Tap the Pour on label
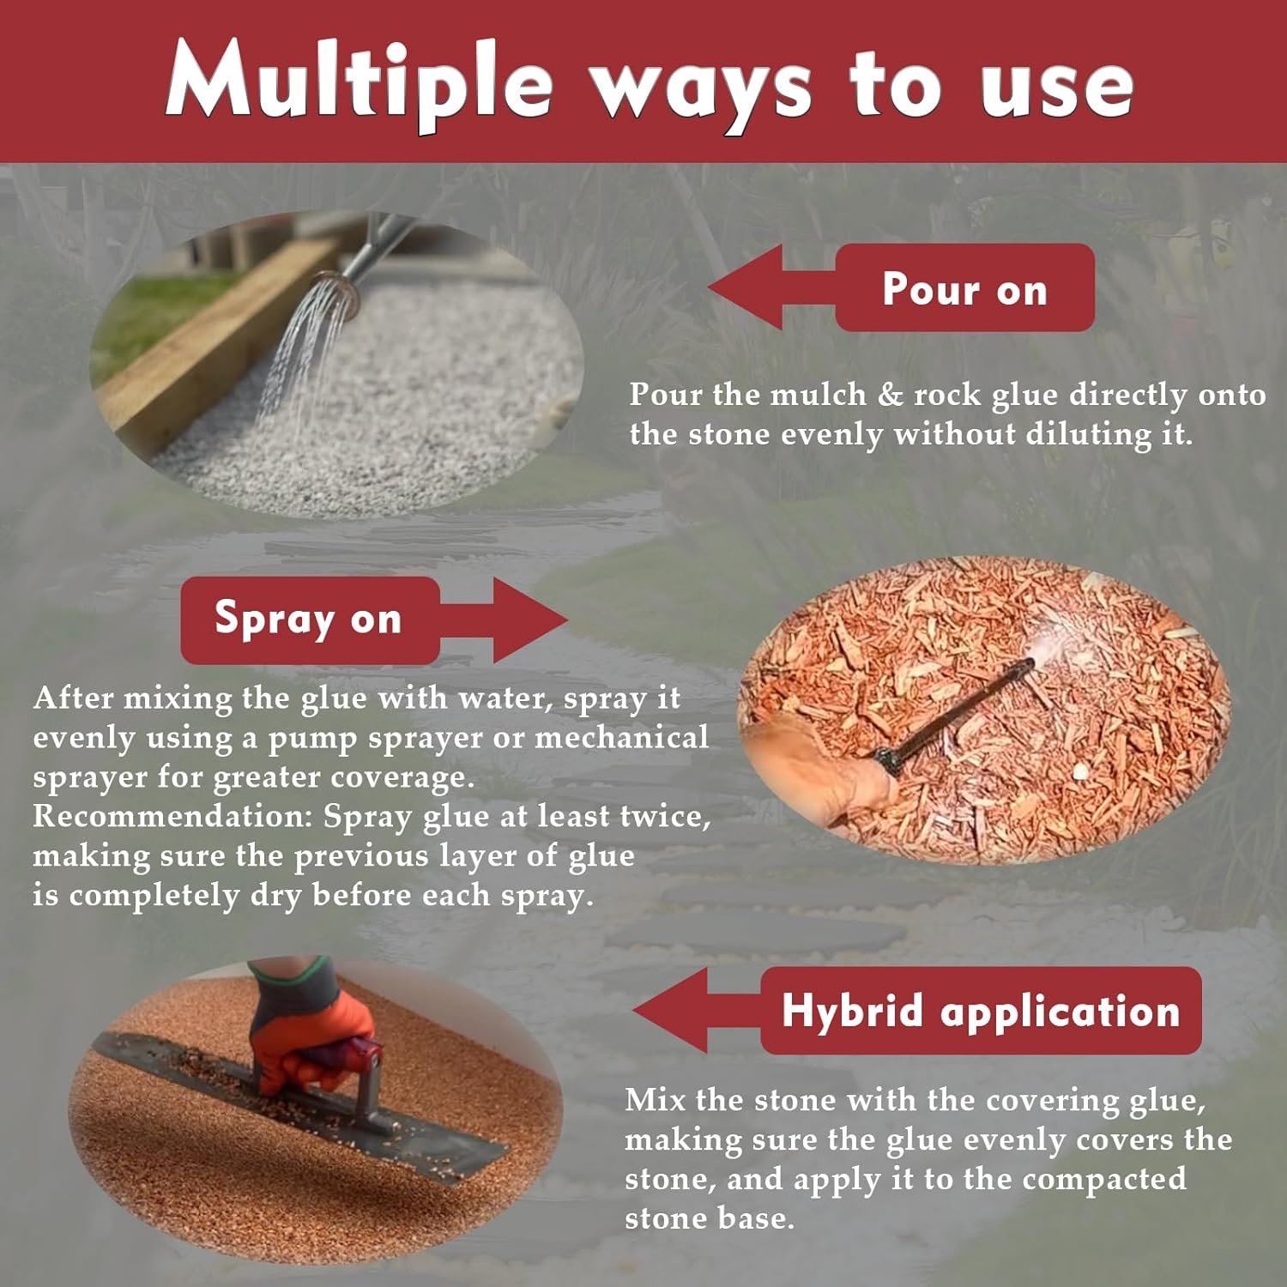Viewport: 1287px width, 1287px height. pos(964,287)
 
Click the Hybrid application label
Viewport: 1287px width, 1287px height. pos(981,1010)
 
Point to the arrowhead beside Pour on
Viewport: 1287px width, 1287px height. pos(746,287)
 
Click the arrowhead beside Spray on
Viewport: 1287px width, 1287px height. pos(529,619)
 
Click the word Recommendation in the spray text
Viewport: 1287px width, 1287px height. pos(173,816)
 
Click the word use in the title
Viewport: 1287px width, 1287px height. pos(1058,89)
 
